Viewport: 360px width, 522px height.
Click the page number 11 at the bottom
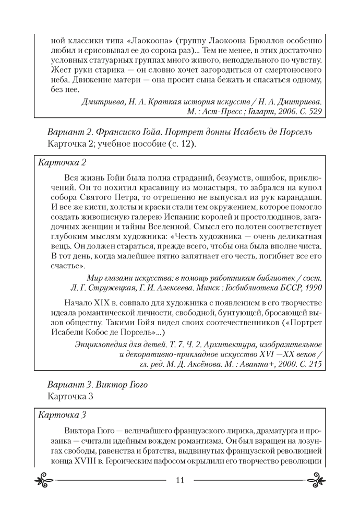pos(180,481)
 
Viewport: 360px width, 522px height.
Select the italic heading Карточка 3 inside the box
pos(62,415)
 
